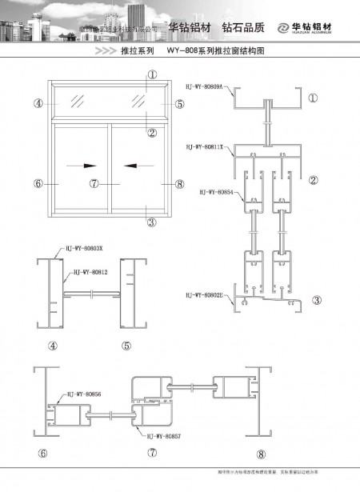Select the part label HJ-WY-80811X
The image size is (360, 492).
205,147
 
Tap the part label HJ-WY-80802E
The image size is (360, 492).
205,294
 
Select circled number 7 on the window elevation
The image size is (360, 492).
94,183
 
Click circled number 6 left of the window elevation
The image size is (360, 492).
38,183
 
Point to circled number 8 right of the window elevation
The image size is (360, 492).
179,183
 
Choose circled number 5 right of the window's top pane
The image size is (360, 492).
179,103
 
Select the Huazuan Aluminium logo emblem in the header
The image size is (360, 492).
284,28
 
